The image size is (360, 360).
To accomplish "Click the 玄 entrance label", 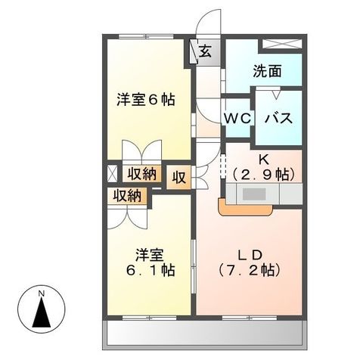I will pyautogui.click(x=205, y=51).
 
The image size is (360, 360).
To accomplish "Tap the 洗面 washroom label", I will pyautogui.click(x=267, y=72).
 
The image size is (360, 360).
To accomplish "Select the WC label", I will pyautogui.click(x=237, y=119).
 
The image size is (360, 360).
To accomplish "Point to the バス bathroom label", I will pyautogui.click(x=278, y=119).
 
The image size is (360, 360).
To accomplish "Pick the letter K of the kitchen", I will pyautogui.click(x=265, y=160).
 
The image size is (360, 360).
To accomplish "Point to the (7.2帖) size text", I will pyautogui.click(x=249, y=269).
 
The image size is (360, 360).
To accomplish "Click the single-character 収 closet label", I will pyautogui.click(x=178, y=178).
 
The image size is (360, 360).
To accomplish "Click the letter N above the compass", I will pyautogui.click(x=44, y=292).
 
